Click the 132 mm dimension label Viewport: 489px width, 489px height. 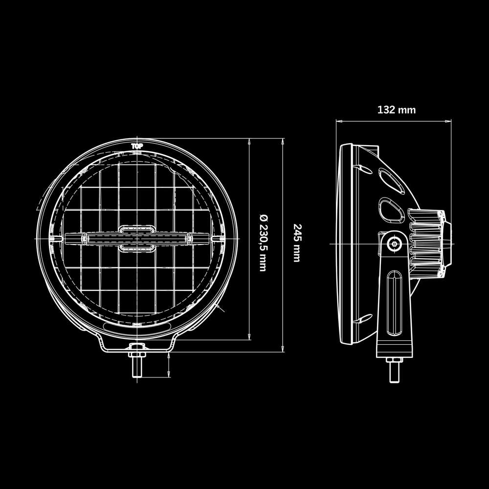click(x=396, y=110)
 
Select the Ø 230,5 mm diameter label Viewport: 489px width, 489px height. click(x=263, y=242)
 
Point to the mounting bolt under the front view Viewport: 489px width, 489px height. click(x=136, y=368)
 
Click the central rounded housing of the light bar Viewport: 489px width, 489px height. click(x=136, y=238)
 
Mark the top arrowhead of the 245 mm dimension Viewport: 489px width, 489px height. click(x=283, y=141)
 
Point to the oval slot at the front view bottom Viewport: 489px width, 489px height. click(x=136, y=325)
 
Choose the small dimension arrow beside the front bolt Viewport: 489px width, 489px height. click(x=169, y=364)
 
